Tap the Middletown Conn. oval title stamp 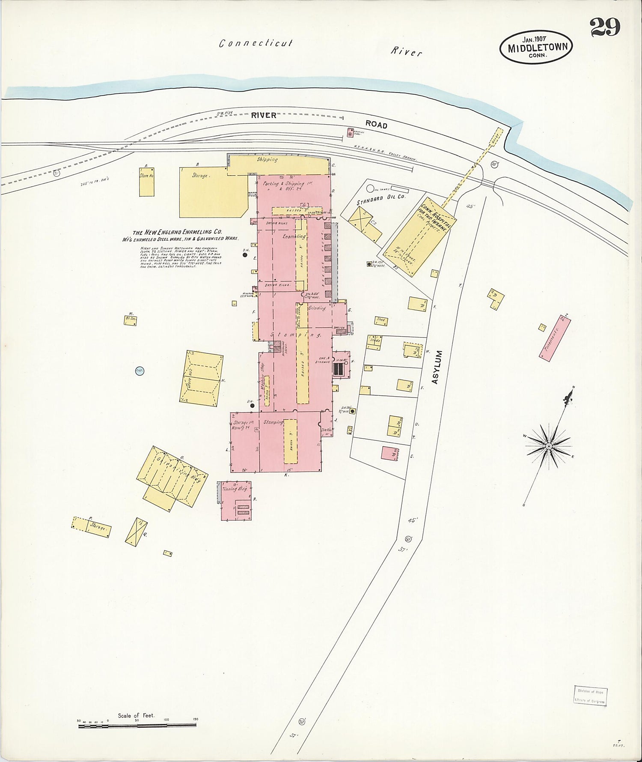(536, 46)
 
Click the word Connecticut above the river (256, 43)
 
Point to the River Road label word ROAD (376, 125)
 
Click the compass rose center (548, 446)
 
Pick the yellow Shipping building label (267, 160)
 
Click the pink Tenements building (555, 338)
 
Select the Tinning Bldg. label (235, 489)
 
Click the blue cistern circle (139, 371)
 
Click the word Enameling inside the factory (294, 236)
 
